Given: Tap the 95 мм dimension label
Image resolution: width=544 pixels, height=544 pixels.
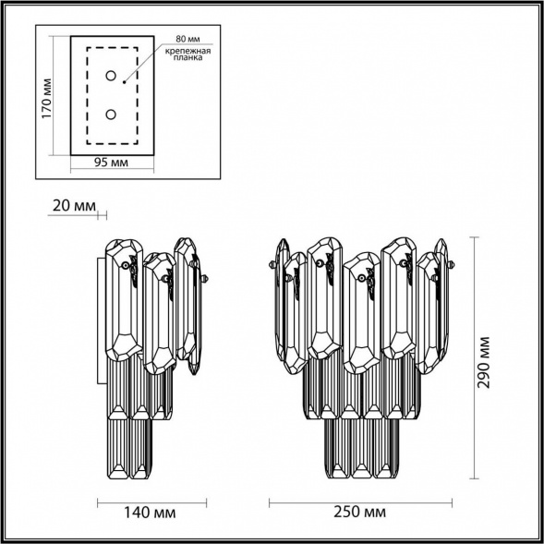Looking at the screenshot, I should point(112,163).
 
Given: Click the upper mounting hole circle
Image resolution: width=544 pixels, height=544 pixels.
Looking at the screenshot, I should point(111,76).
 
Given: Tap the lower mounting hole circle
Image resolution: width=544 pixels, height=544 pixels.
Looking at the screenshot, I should point(111,114).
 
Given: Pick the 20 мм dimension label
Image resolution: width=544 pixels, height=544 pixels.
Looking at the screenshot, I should point(71,204).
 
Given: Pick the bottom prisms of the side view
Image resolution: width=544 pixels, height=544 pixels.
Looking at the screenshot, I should point(130,448).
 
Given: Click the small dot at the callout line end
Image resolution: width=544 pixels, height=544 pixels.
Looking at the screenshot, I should point(125,80).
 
